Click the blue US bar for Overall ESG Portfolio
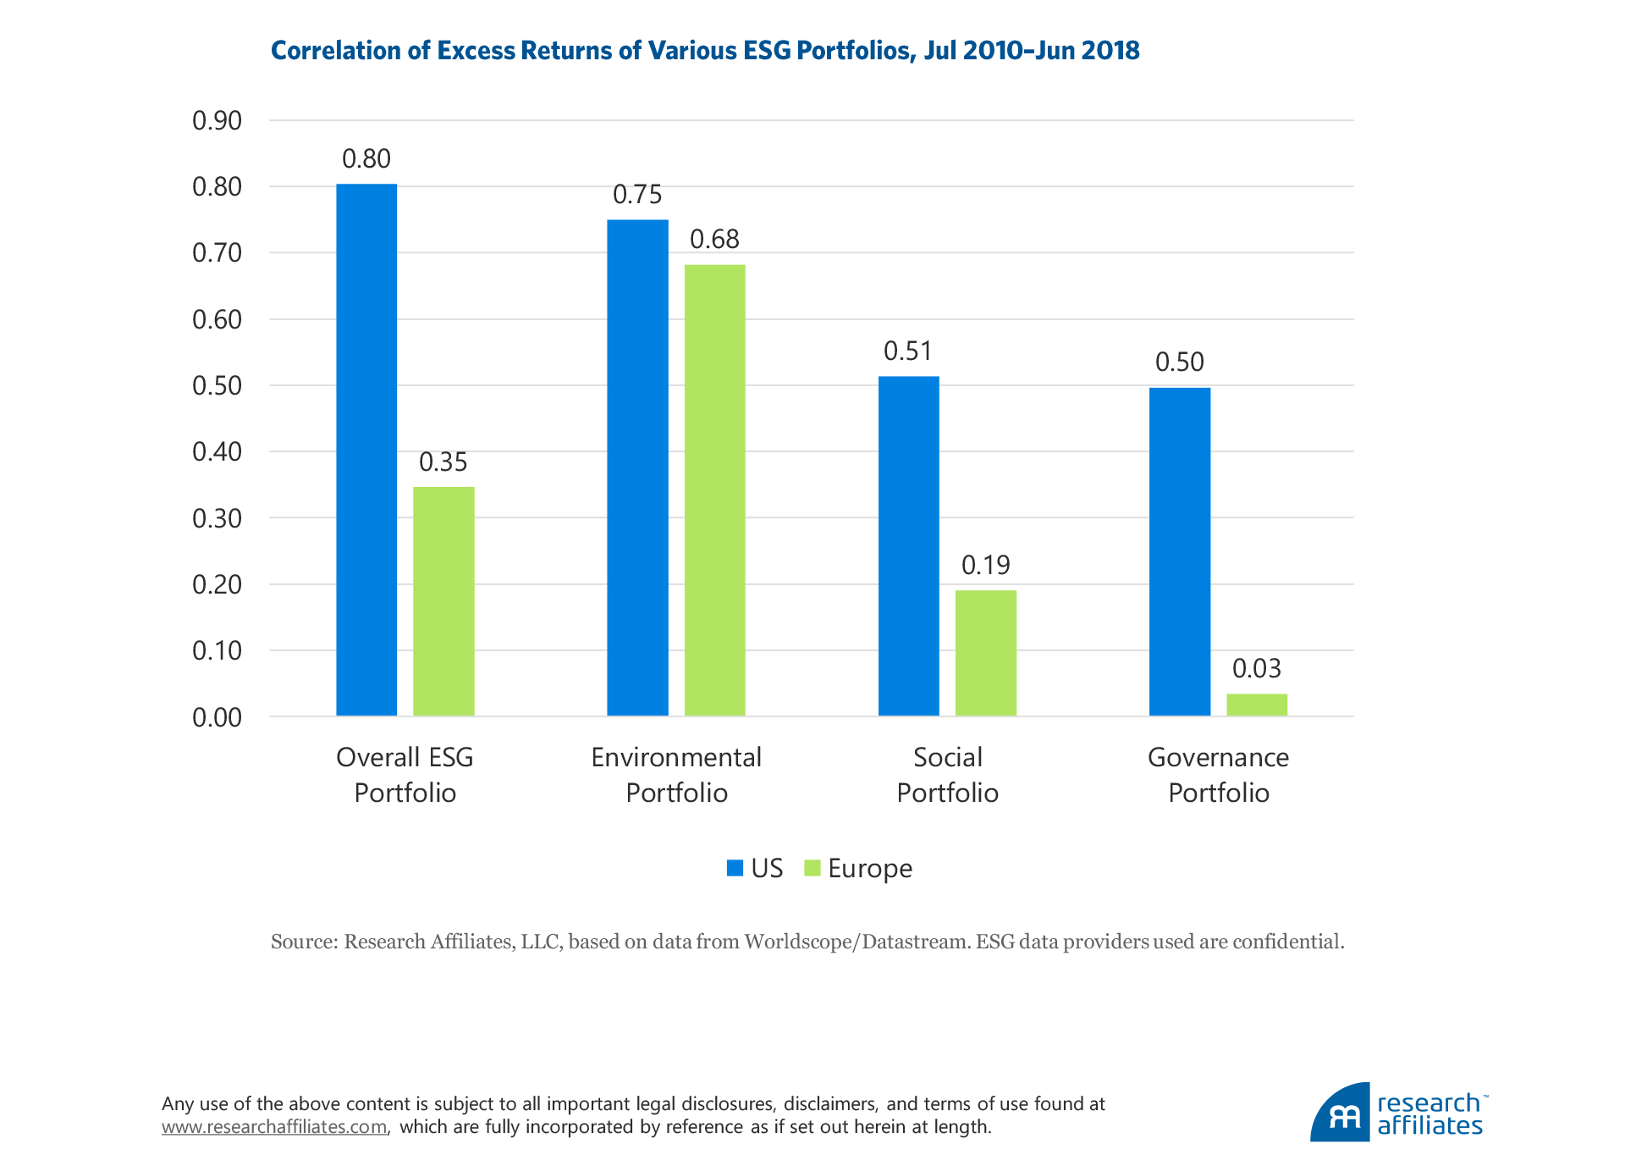pos(366,450)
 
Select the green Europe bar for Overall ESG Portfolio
pos(443,601)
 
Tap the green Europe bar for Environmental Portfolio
pos(714,490)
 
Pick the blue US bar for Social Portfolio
pos(908,546)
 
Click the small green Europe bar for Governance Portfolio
pos(1257,705)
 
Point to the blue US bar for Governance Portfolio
pos(1180,551)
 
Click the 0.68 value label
pos(714,240)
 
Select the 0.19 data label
pos(986,565)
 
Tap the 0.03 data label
pos(1257,669)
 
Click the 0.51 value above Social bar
pos(908,351)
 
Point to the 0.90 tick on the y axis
pos(217,121)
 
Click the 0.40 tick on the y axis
pos(217,452)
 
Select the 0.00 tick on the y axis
pos(217,718)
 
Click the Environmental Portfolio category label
pos(676,775)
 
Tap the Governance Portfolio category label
pos(1218,775)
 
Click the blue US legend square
pos(735,868)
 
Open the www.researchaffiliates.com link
pos(274,1127)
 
